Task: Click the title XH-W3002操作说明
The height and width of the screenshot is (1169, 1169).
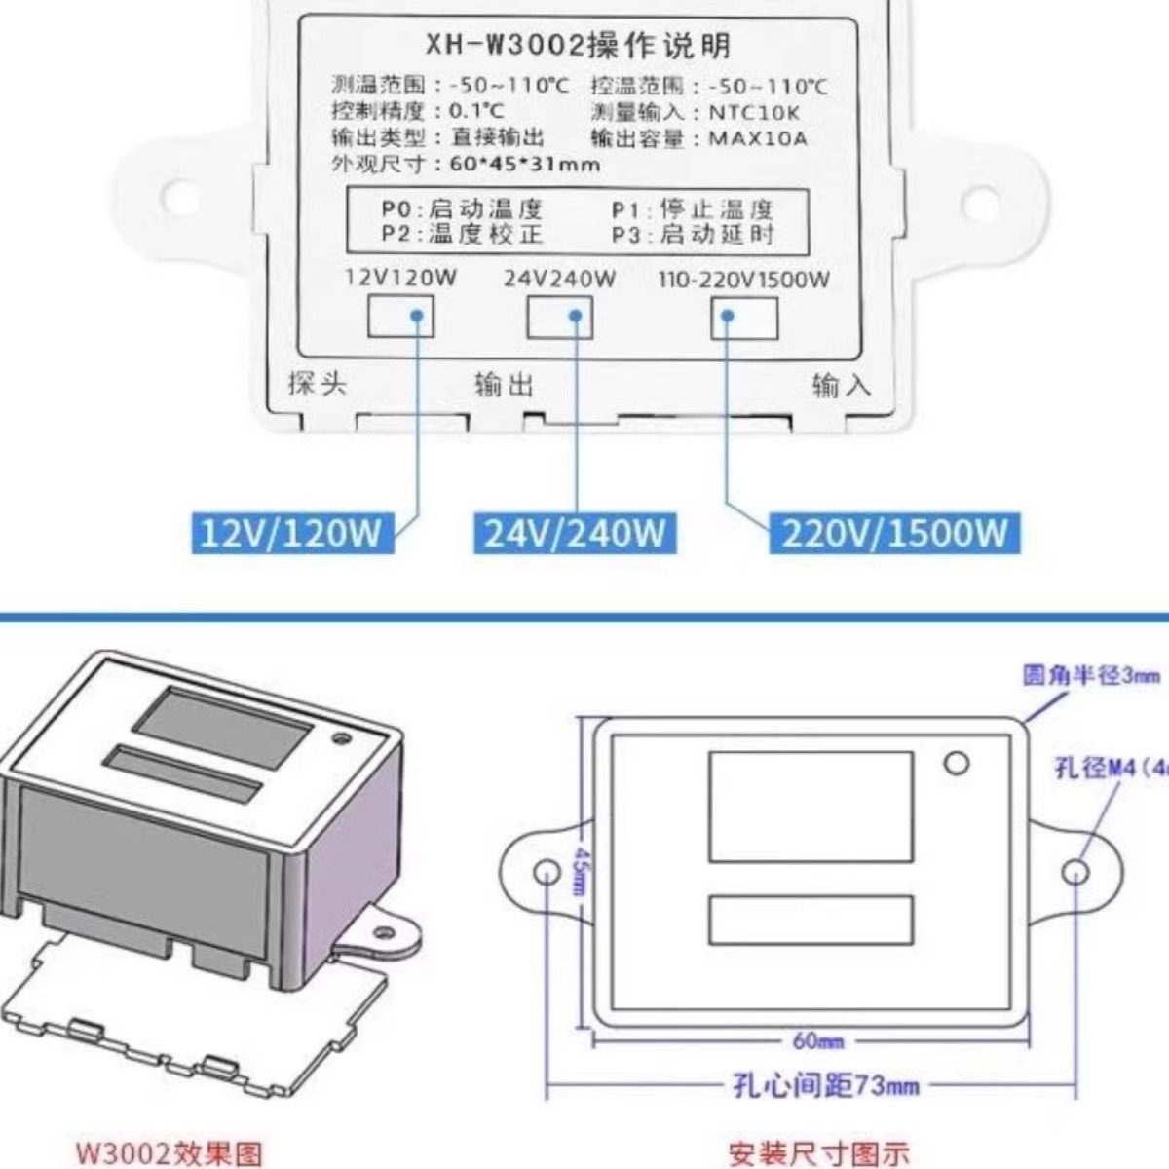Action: pos(578,44)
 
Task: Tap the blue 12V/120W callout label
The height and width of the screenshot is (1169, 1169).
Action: pos(290,533)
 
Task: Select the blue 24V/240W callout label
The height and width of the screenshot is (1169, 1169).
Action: pos(575,533)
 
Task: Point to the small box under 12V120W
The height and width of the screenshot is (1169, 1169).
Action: pos(399,317)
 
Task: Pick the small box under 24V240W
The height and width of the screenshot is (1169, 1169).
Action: pos(559,317)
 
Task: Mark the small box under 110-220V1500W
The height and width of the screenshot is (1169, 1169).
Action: pos(744,318)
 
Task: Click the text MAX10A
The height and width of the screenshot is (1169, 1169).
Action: pos(757,138)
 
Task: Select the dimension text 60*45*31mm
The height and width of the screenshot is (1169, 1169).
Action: pos(524,164)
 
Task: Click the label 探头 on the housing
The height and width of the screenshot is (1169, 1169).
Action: pos(317,383)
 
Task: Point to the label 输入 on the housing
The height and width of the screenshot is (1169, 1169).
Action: pos(841,386)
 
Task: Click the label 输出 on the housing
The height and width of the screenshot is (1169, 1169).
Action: pos(504,385)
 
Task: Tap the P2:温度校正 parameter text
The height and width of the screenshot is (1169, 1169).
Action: pos(461,234)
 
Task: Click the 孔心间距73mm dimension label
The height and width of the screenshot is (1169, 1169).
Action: pos(825,1084)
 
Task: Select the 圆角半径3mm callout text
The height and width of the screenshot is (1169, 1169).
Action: pos(1091,674)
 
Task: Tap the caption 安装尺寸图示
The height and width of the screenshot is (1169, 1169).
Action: pos(818,1154)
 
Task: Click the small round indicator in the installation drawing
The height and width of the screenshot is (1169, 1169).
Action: pos(957,763)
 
